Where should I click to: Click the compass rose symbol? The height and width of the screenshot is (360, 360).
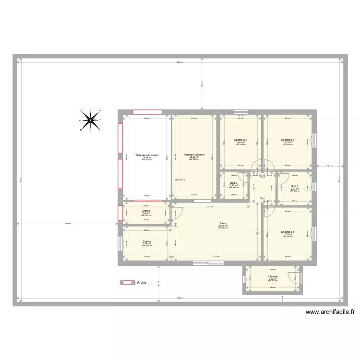(90, 120)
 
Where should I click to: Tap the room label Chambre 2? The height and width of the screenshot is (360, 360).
(241, 139)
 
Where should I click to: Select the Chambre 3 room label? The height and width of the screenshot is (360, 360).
(288, 139)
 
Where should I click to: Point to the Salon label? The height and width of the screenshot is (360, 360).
(223, 223)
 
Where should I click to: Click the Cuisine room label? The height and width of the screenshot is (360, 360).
(146, 241)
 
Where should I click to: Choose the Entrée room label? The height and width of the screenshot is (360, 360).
(146, 211)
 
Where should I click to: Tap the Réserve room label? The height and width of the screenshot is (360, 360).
(273, 276)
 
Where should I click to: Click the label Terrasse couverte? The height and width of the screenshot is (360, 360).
(194, 155)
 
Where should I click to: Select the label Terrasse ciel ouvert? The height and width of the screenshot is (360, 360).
(146, 155)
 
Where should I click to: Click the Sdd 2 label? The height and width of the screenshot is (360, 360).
(234, 183)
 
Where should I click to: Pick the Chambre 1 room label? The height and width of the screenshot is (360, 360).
(288, 232)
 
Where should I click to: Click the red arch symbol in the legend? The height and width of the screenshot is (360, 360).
(127, 283)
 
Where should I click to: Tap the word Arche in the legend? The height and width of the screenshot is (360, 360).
(142, 283)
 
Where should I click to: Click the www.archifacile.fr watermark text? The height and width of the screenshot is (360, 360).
(330, 312)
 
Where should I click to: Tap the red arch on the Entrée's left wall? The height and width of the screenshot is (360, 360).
(120, 213)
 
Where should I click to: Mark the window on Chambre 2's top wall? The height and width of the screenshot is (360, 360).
(240, 113)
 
